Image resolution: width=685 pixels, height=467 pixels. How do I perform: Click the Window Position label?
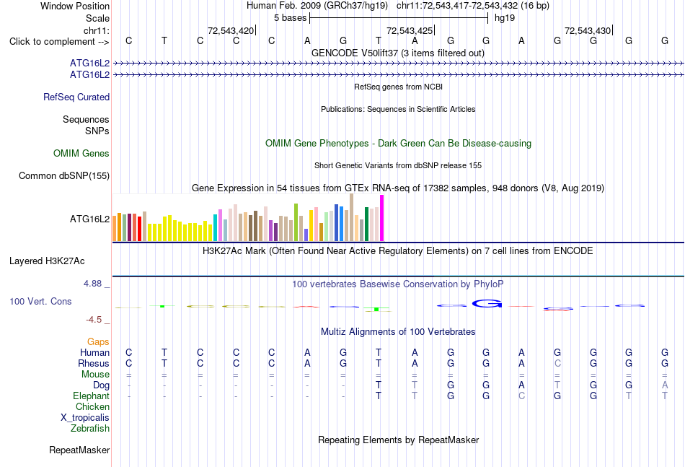(x=75, y=6)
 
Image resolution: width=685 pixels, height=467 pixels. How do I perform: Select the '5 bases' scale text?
(x=290, y=18)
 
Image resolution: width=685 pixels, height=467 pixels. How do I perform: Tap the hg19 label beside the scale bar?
(x=505, y=18)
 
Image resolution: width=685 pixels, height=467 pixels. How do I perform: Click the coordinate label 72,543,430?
(x=588, y=30)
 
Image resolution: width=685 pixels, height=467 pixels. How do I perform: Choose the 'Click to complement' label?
(x=59, y=42)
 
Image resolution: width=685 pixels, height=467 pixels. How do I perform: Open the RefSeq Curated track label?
(x=76, y=97)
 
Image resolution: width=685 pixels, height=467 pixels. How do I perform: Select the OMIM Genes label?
(x=81, y=154)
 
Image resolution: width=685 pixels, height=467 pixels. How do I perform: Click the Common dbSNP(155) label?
(x=64, y=176)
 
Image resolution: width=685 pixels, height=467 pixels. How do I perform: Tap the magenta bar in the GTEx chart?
(x=382, y=218)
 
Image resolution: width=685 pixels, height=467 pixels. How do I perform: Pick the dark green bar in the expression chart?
(x=366, y=224)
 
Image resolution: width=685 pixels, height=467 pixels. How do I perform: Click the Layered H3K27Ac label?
(x=47, y=261)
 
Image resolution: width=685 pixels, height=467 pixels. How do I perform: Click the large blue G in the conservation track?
(x=487, y=303)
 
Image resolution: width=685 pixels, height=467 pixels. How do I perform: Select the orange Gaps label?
(x=98, y=341)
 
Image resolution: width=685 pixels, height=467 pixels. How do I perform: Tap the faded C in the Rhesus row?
(x=557, y=363)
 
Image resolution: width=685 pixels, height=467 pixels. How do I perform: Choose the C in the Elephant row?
(x=521, y=396)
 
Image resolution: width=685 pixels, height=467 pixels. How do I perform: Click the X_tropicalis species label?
(x=85, y=418)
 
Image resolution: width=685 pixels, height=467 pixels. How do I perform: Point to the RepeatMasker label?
(x=79, y=450)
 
